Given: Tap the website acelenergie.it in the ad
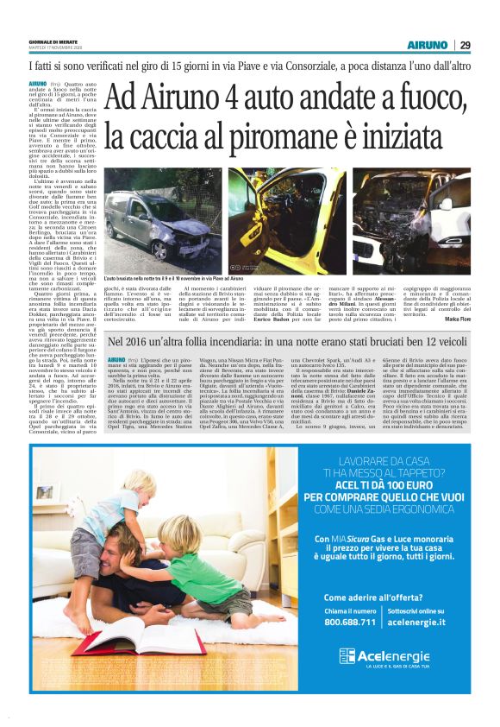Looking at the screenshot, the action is click(x=417, y=645).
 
